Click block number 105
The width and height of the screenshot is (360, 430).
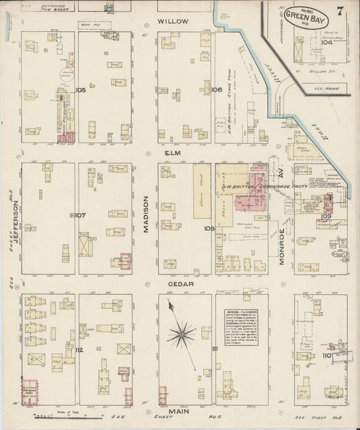pyautogui.click(x=81, y=89)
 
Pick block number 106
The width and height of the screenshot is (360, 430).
pyautogui.click(x=216, y=89)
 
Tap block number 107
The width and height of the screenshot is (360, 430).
pyautogui.click(x=80, y=216)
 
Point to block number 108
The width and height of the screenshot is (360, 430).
pyautogui.click(x=209, y=229)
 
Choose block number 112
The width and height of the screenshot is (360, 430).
pyautogui.click(x=79, y=350)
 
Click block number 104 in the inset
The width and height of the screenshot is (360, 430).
pyautogui.click(x=328, y=41)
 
